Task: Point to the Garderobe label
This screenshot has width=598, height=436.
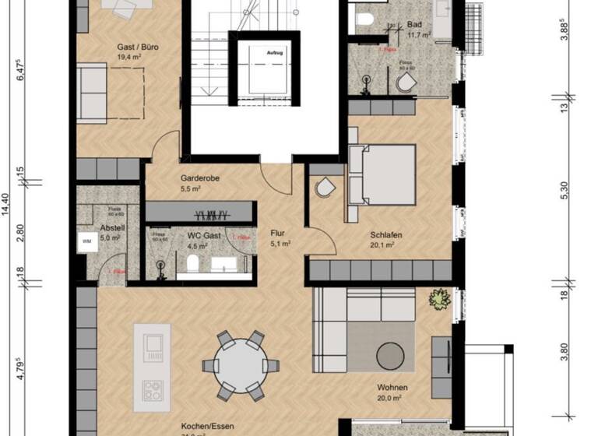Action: point(200,178)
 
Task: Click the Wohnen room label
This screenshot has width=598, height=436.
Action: point(392,387)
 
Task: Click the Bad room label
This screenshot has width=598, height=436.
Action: point(415,24)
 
